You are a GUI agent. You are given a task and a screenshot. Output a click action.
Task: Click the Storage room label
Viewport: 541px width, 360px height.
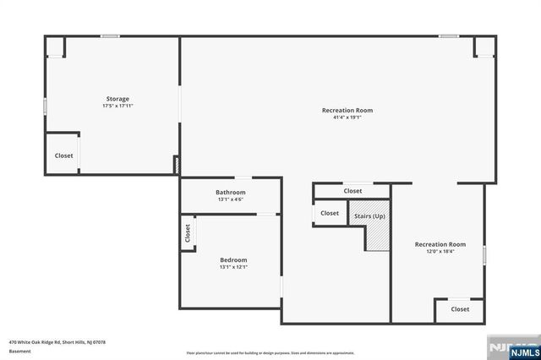117,99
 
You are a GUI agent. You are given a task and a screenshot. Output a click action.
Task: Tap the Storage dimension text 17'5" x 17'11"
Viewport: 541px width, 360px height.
117,106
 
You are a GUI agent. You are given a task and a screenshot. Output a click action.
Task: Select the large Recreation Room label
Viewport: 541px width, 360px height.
347,110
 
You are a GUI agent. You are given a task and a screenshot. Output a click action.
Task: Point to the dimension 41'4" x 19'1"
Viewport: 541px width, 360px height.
347,117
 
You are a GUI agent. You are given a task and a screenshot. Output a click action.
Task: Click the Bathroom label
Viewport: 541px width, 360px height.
230,193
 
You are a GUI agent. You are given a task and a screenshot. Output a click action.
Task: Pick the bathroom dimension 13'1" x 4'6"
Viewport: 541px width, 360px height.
230,200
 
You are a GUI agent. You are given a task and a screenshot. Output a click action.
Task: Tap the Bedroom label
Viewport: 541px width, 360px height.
233,259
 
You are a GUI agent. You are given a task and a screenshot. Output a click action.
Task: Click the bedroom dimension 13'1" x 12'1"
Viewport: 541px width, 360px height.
233,267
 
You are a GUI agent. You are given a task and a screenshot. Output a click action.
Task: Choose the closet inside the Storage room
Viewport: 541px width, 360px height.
63,155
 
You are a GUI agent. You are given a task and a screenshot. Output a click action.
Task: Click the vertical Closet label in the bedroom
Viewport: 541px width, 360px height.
187,232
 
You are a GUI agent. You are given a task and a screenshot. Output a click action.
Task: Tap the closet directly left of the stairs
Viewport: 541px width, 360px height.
330,213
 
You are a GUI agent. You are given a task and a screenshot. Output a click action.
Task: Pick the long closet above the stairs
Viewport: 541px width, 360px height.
352,191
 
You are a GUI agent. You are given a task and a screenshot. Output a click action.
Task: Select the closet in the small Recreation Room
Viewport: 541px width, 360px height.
460,309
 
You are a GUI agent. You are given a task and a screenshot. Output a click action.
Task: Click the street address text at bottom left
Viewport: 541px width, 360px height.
57,342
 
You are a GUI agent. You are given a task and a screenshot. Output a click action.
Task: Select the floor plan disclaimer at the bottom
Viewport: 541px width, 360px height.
270,352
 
